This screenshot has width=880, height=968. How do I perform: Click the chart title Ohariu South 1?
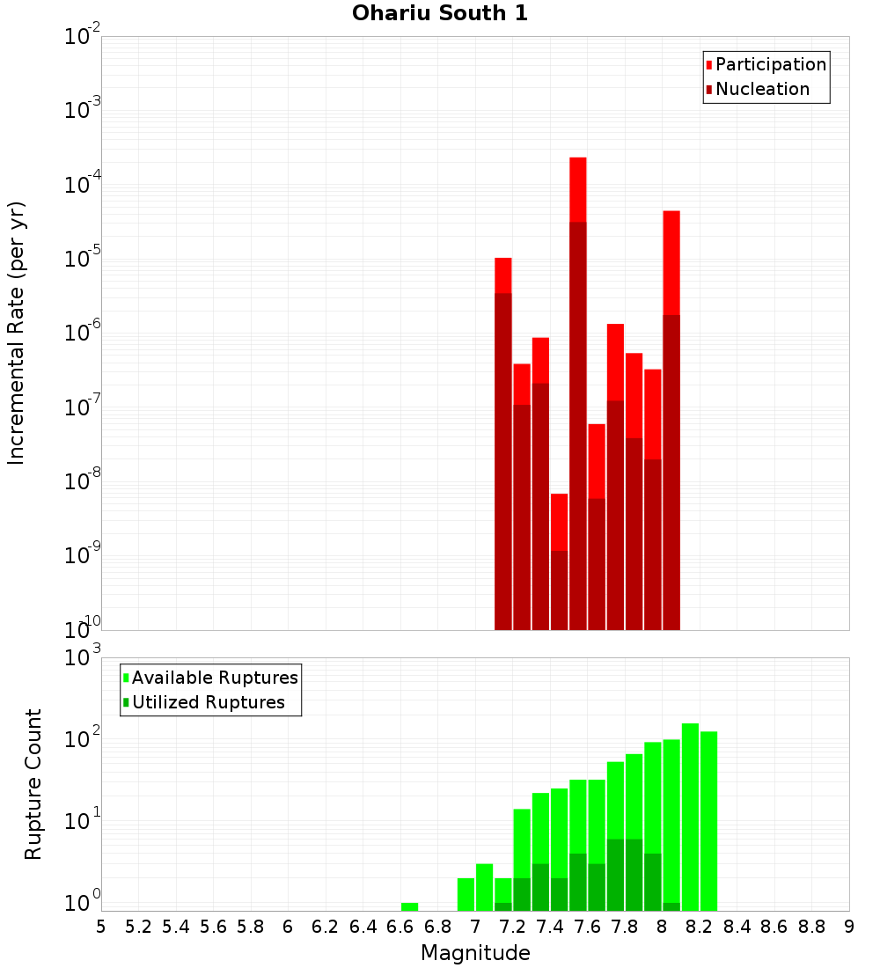click(440, 13)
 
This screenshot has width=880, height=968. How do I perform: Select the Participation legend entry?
click(770, 64)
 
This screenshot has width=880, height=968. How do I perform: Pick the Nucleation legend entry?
click(761, 89)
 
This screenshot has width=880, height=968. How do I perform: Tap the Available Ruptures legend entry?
click(214, 678)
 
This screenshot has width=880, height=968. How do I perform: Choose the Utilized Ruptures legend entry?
click(208, 702)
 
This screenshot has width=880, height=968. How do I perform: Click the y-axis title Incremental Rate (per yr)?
click(17, 333)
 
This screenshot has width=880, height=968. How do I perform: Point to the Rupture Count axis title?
click(33, 783)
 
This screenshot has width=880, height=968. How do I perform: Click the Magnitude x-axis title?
click(475, 953)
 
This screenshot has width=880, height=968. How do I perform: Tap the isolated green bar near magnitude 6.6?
click(409, 906)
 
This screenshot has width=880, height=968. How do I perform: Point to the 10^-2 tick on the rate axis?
click(83, 37)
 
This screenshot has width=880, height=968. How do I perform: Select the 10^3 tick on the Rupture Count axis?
click(83, 657)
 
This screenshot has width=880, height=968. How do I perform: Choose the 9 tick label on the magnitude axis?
click(849, 927)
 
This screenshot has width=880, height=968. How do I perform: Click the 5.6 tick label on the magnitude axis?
click(213, 927)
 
